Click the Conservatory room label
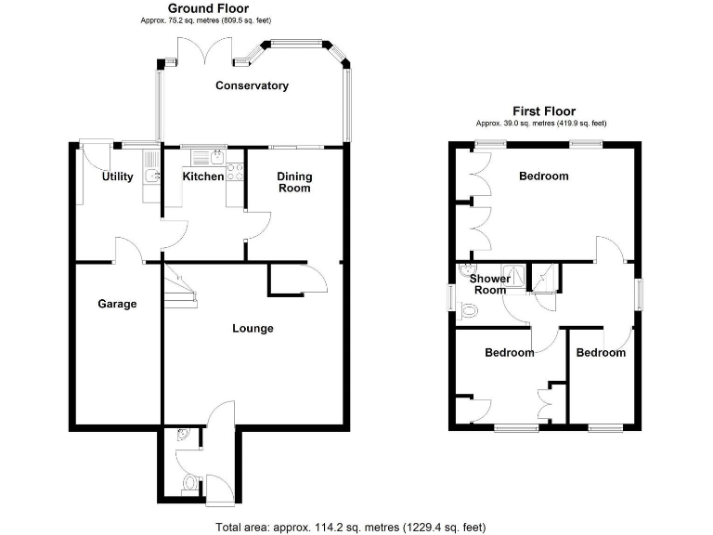point(252,85)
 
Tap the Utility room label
point(118,176)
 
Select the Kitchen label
point(202,176)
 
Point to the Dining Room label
point(295,182)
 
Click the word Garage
point(118,304)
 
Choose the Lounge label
point(252,328)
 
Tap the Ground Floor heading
point(207,8)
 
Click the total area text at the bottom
point(350,527)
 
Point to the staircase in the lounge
point(181,287)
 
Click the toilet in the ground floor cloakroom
point(189,483)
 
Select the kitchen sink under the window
point(206,154)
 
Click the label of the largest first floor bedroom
point(543,176)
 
